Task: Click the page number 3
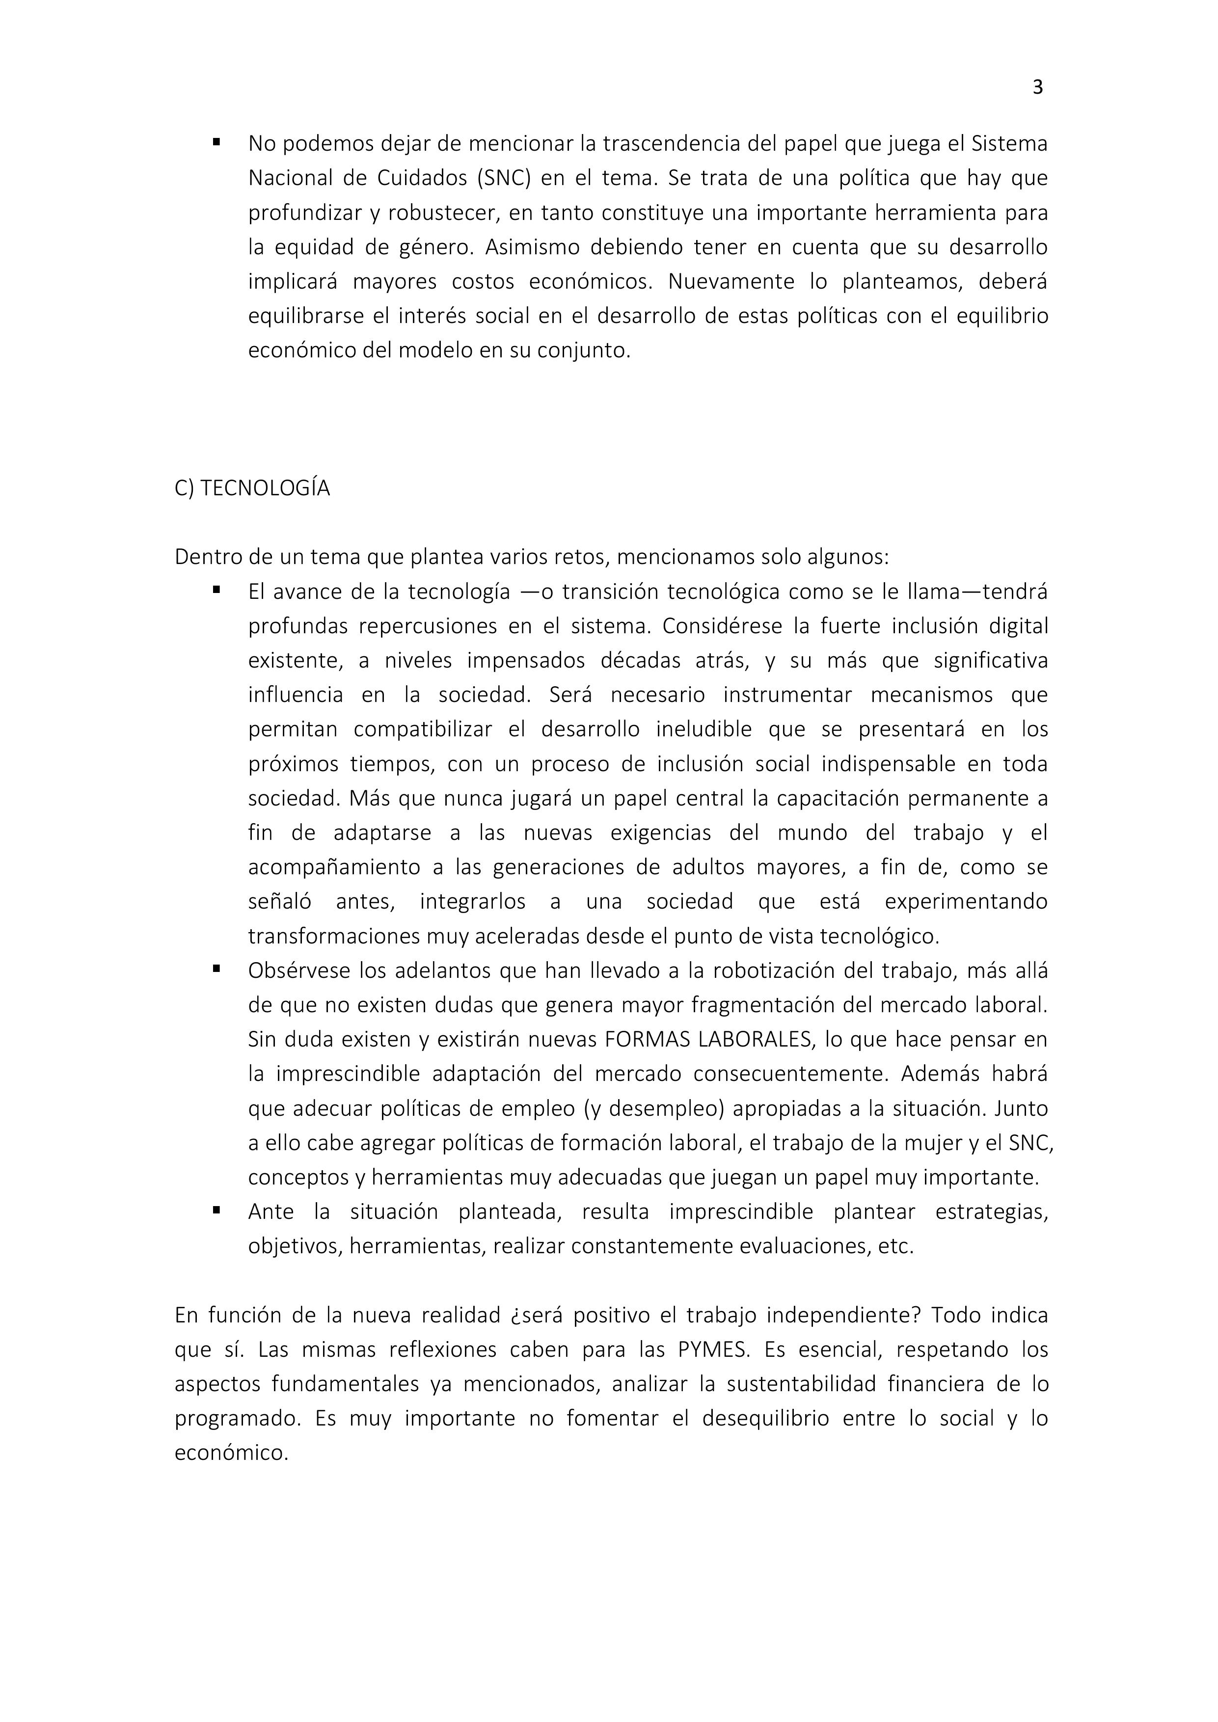(x=1037, y=88)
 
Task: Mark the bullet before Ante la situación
(x=216, y=1209)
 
